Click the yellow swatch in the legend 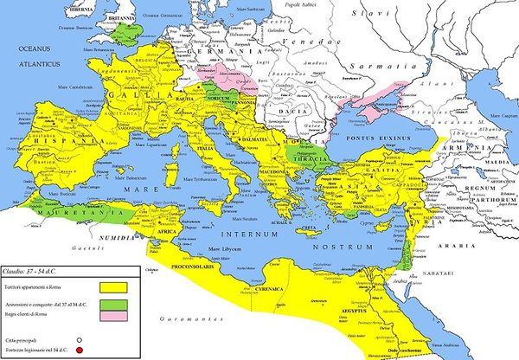[x=112, y=285]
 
